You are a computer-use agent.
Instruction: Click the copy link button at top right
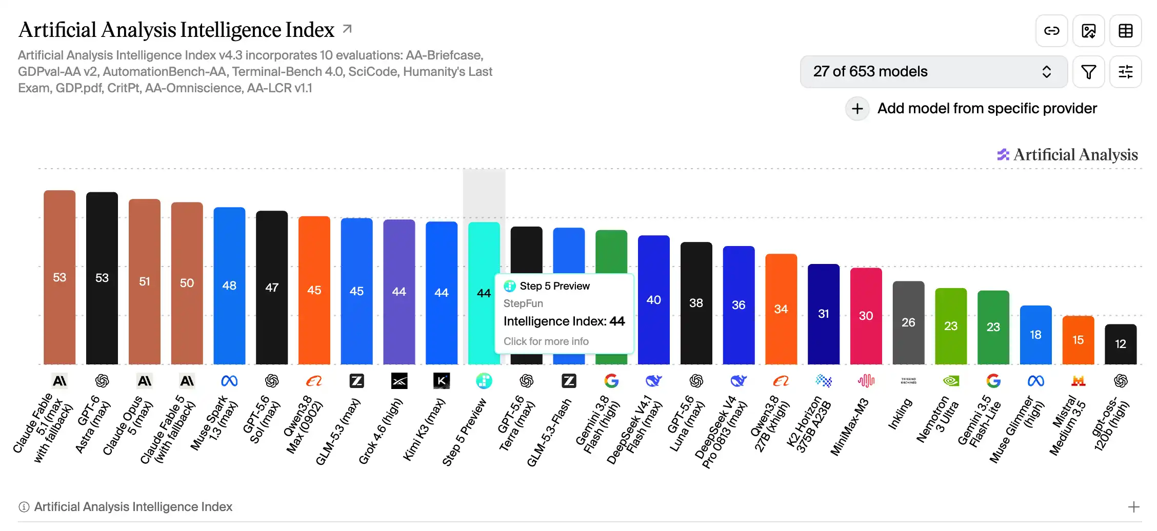[1051, 31]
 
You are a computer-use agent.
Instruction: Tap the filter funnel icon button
[1088, 72]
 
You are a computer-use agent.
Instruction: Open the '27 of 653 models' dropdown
[933, 72]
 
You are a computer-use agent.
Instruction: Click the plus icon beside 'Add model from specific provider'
[857, 109]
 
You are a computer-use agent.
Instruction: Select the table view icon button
[1125, 31]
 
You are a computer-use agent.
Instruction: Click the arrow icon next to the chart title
[347, 29]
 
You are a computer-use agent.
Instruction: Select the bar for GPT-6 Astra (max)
[102, 278]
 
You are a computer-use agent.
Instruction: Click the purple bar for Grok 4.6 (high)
[399, 292]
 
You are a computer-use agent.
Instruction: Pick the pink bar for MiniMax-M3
[866, 316]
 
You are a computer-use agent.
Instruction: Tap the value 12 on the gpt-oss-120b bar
[1121, 344]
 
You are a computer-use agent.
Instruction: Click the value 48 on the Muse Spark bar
[229, 285]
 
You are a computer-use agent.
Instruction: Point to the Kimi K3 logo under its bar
[442, 381]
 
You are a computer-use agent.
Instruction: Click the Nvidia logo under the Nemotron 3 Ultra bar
[951, 381]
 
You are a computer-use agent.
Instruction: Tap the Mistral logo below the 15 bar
[1078, 381]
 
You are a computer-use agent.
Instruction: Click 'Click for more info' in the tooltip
[546, 341]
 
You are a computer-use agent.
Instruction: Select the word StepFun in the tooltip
[523, 303]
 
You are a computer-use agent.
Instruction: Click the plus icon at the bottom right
[1134, 507]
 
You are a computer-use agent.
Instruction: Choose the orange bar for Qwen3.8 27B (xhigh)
[781, 309]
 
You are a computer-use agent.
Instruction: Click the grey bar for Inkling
[908, 323]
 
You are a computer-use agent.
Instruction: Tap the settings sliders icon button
[1125, 72]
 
